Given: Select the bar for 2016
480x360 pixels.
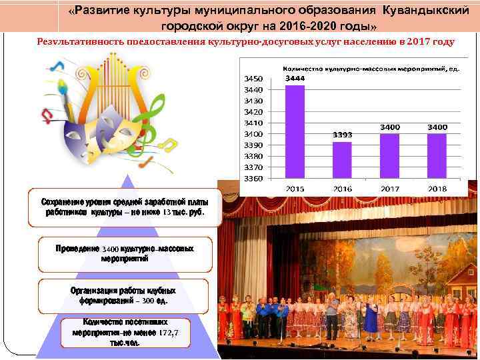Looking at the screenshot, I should (x=342, y=160).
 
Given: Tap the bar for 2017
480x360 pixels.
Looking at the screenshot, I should (x=390, y=156).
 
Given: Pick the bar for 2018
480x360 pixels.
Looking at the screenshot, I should (x=437, y=156).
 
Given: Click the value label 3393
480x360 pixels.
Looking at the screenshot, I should (x=342, y=135).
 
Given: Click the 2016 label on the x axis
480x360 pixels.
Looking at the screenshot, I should (x=342, y=189).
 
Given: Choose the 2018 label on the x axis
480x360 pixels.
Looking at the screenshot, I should (x=437, y=189).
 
